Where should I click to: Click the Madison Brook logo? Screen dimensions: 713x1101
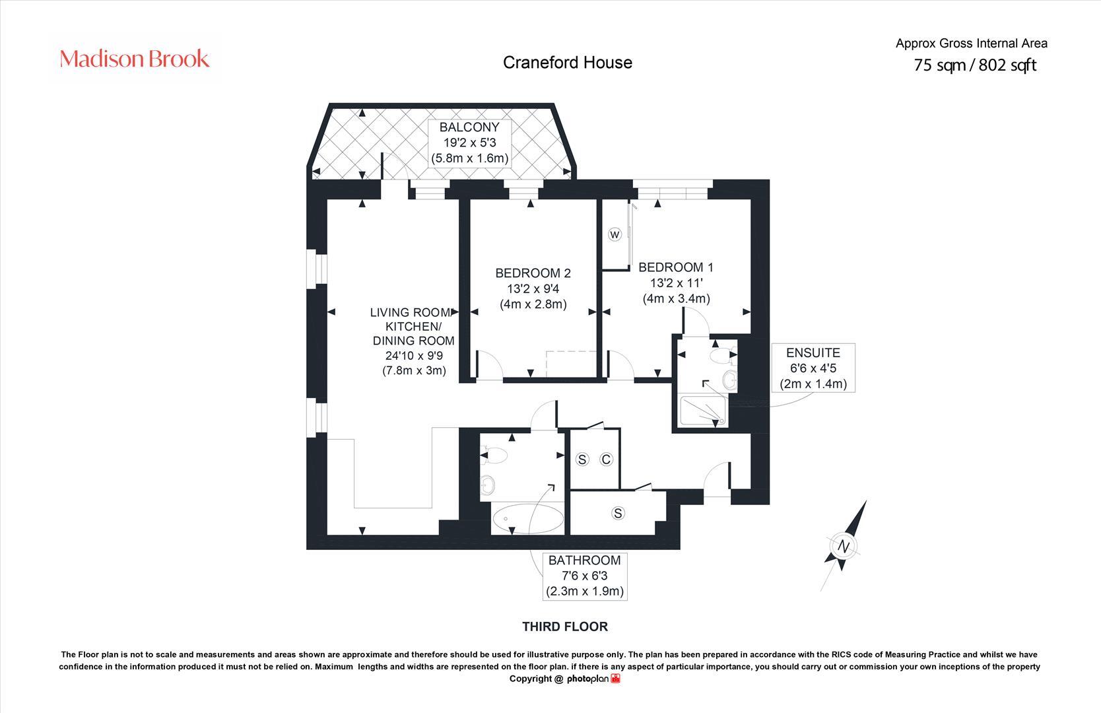coord(135,59)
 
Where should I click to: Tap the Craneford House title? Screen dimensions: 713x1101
coord(567,62)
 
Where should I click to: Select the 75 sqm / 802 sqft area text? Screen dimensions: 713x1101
coord(974,65)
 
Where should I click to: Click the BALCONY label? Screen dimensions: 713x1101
coord(469,127)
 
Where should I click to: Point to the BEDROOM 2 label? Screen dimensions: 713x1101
coord(533,273)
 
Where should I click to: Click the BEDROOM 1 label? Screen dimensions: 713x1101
coord(675,267)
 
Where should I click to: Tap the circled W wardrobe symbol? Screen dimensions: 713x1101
coord(615,234)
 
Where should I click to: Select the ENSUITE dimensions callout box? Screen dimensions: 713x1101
coord(813,368)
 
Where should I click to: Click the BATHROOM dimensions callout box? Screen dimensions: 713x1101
coord(584,576)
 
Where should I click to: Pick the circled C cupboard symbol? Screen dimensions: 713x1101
coord(606,459)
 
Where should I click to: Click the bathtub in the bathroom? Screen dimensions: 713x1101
coord(527,519)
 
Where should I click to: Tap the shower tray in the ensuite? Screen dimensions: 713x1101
coord(702,410)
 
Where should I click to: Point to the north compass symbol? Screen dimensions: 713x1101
coord(844,546)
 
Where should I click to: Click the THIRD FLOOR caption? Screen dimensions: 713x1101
coord(564,627)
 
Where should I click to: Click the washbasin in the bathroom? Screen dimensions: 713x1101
coord(488,485)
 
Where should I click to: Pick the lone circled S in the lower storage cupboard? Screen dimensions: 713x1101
coord(618,513)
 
